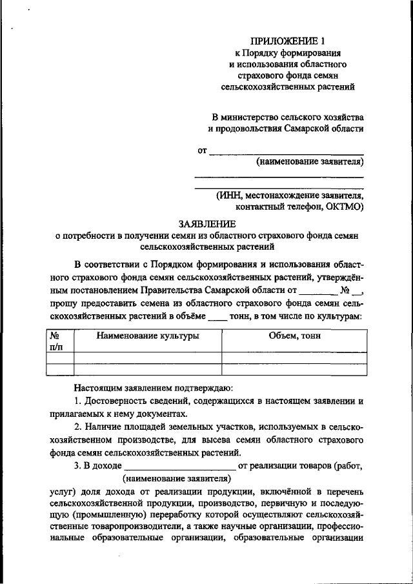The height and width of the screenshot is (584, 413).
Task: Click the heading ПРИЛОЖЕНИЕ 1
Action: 287,40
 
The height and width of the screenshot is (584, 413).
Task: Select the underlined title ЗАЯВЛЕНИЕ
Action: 206,223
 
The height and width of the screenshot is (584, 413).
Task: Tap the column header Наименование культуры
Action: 148,336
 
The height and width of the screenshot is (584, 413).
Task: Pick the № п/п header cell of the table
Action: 55,341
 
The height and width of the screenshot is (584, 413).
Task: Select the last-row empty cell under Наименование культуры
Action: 148,369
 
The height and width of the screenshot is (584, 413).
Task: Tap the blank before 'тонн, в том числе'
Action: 218,316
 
